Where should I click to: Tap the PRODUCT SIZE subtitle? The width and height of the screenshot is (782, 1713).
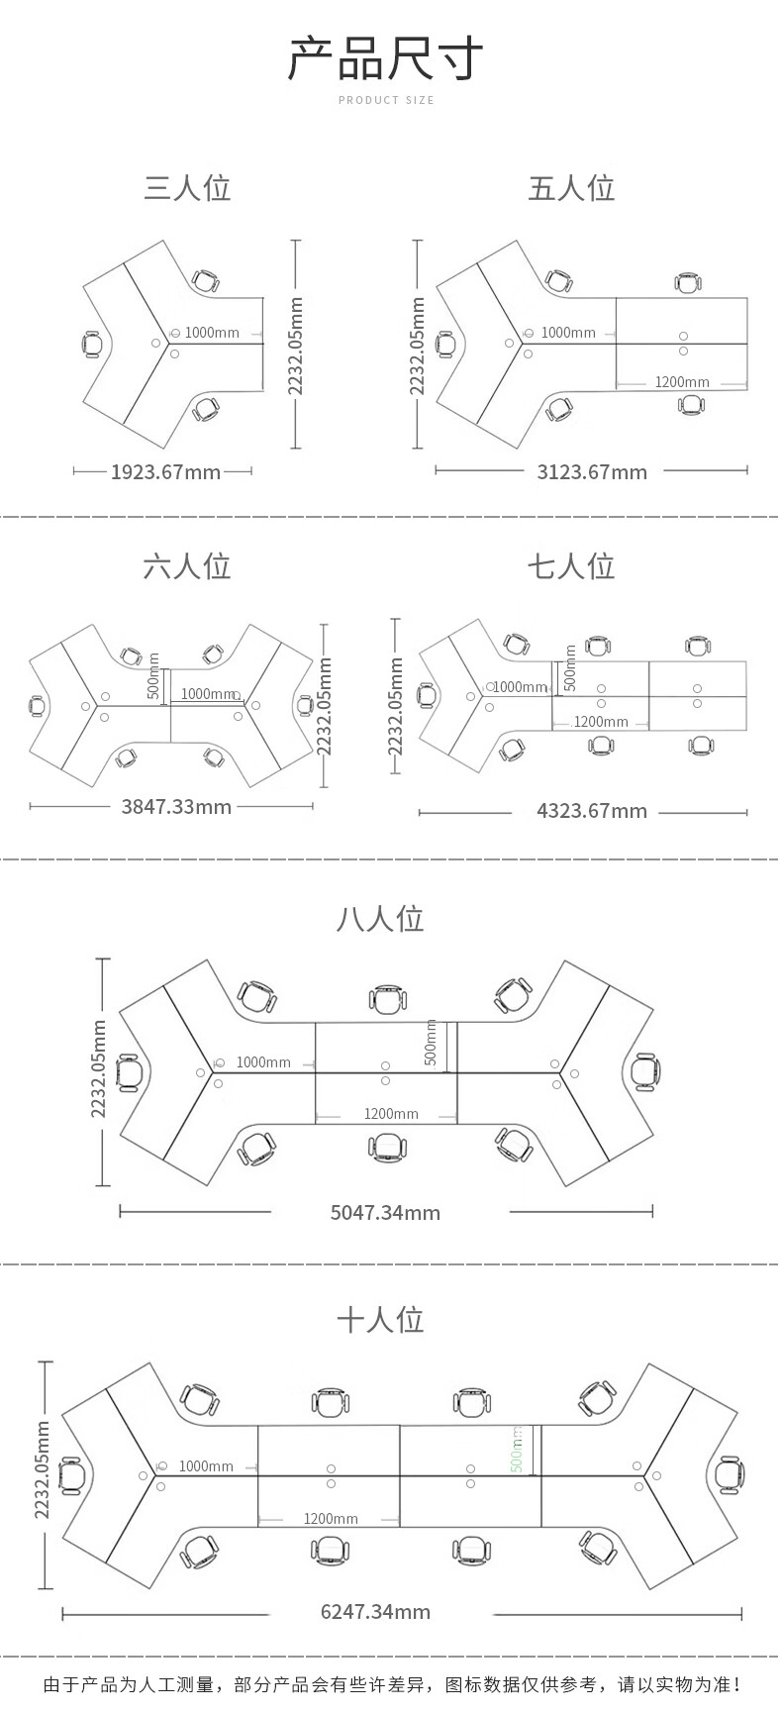coord(386,100)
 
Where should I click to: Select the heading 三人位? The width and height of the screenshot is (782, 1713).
coord(187,187)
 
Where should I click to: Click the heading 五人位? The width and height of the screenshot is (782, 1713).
coord(571,187)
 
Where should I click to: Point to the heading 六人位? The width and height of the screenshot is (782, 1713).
coord(187,565)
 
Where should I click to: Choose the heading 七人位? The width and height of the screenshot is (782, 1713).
coord(571,565)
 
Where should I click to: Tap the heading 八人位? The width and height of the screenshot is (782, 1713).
coord(380,918)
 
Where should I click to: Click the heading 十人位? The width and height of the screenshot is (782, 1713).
coord(380,1319)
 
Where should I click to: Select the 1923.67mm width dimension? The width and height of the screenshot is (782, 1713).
coord(165,471)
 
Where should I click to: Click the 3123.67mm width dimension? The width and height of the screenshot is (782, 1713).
coord(592,471)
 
